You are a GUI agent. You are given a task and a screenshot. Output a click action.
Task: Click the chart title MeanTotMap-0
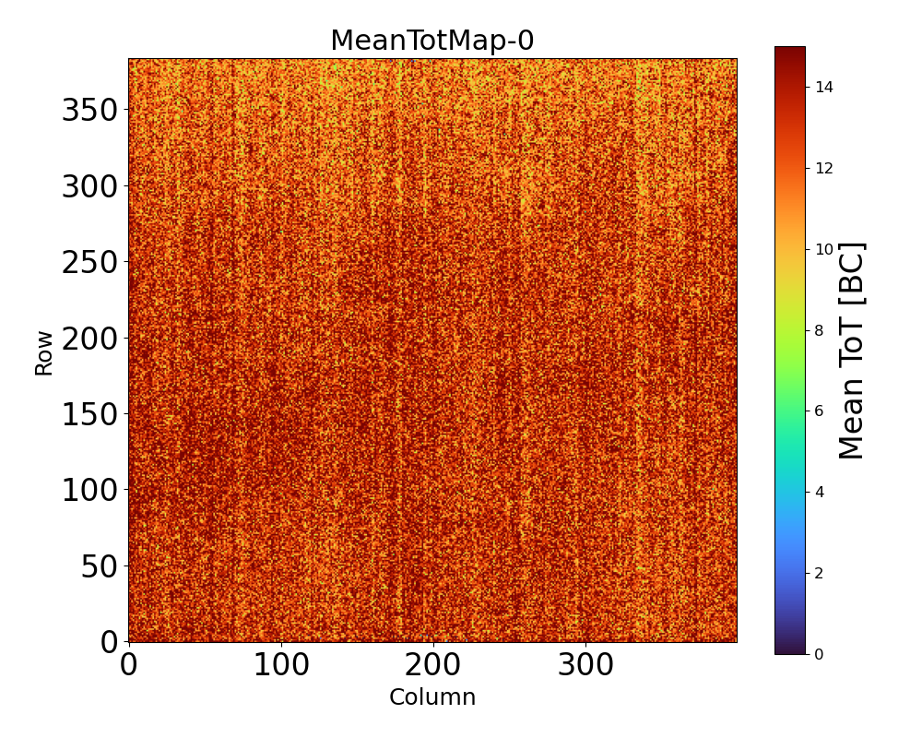point(431,42)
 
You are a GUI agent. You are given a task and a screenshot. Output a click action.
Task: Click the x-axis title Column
point(432,697)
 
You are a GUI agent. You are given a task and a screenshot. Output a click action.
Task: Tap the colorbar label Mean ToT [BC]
point(852,351)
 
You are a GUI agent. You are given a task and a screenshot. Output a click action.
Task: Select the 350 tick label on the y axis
point(89,111)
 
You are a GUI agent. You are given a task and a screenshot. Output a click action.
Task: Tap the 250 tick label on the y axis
point(89,263)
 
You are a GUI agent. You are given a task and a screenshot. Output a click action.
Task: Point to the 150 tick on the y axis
point(89,415)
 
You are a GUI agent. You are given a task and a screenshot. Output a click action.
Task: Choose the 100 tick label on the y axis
point(89,491)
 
